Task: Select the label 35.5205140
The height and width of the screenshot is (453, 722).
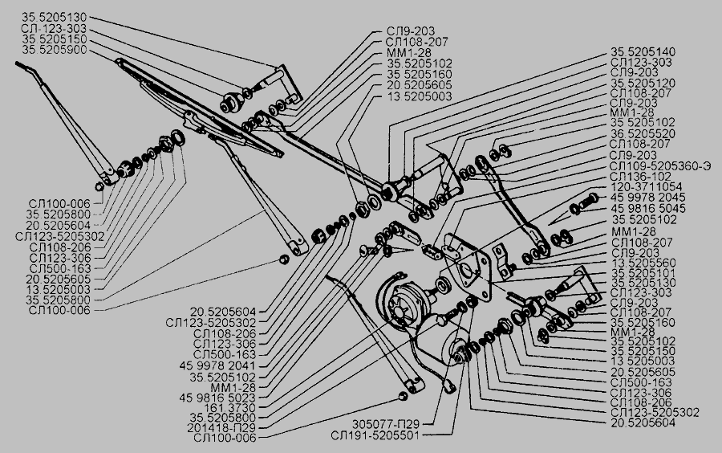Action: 643,51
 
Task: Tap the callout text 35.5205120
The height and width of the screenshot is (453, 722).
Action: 643,83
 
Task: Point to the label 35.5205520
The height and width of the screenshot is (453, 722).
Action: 643,134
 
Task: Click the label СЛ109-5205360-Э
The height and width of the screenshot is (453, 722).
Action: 660,165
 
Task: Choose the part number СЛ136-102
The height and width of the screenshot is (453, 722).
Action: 640,176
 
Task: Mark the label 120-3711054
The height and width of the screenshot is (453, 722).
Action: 643,186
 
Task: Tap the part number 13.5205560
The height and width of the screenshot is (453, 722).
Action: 643,262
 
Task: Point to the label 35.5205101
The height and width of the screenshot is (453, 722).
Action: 643,272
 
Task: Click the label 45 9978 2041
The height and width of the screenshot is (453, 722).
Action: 229,365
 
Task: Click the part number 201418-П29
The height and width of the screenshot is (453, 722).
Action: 232,427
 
